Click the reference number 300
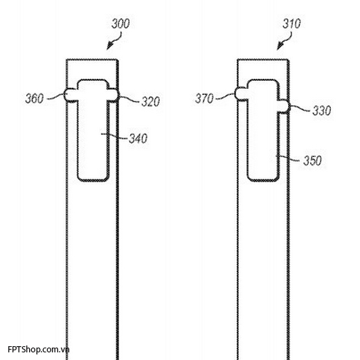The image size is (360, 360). (x=120, y=24)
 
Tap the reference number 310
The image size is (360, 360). (x=291, y=24)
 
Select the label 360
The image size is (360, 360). (x=35, y=98)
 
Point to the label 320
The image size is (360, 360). (x=150, y=102)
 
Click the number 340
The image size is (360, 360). (x=138, y=138)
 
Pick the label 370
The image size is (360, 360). (x=204, y=98)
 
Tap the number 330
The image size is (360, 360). (x=322, y=111)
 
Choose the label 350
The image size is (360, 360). (x=312, y=161)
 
